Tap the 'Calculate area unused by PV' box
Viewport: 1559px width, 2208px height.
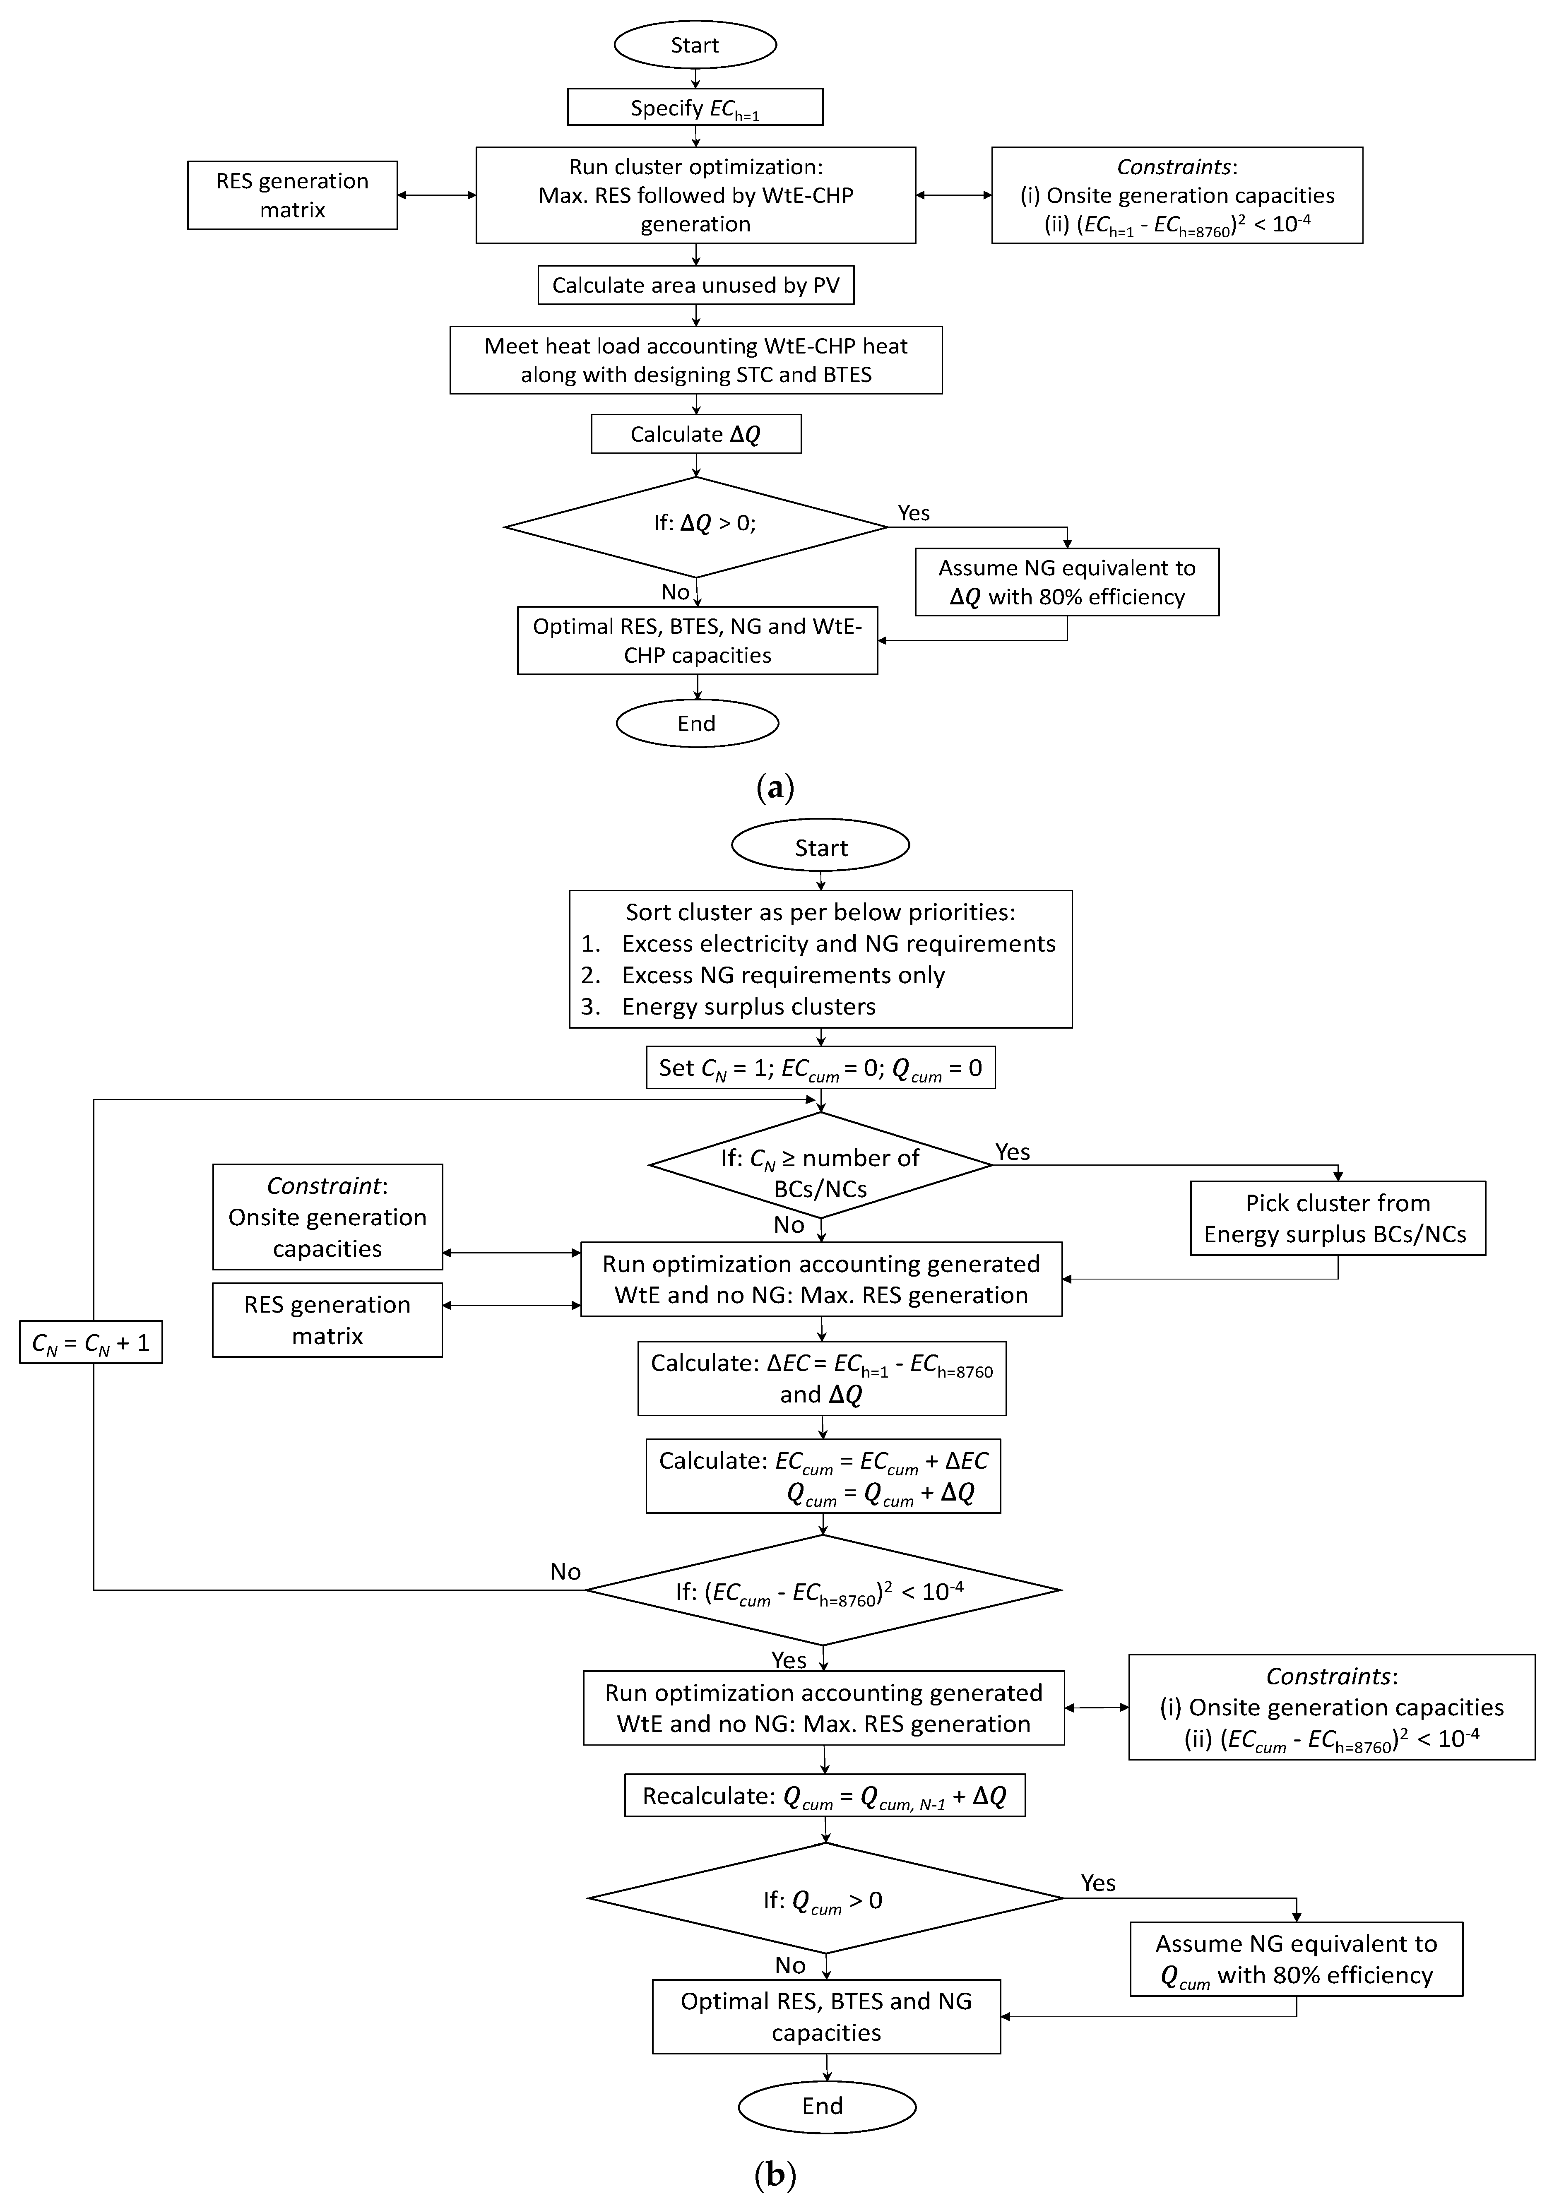click(695, 286)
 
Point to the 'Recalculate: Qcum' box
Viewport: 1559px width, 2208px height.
click(824, 1797)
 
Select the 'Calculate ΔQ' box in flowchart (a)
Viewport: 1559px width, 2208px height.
click(695, 435)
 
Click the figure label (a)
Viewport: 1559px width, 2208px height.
click(775, 789)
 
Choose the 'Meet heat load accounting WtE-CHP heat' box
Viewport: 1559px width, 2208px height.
click(695, 361)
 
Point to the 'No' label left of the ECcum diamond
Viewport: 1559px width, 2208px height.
click(565, 1571)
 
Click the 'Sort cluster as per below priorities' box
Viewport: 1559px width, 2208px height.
click(820, 959)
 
